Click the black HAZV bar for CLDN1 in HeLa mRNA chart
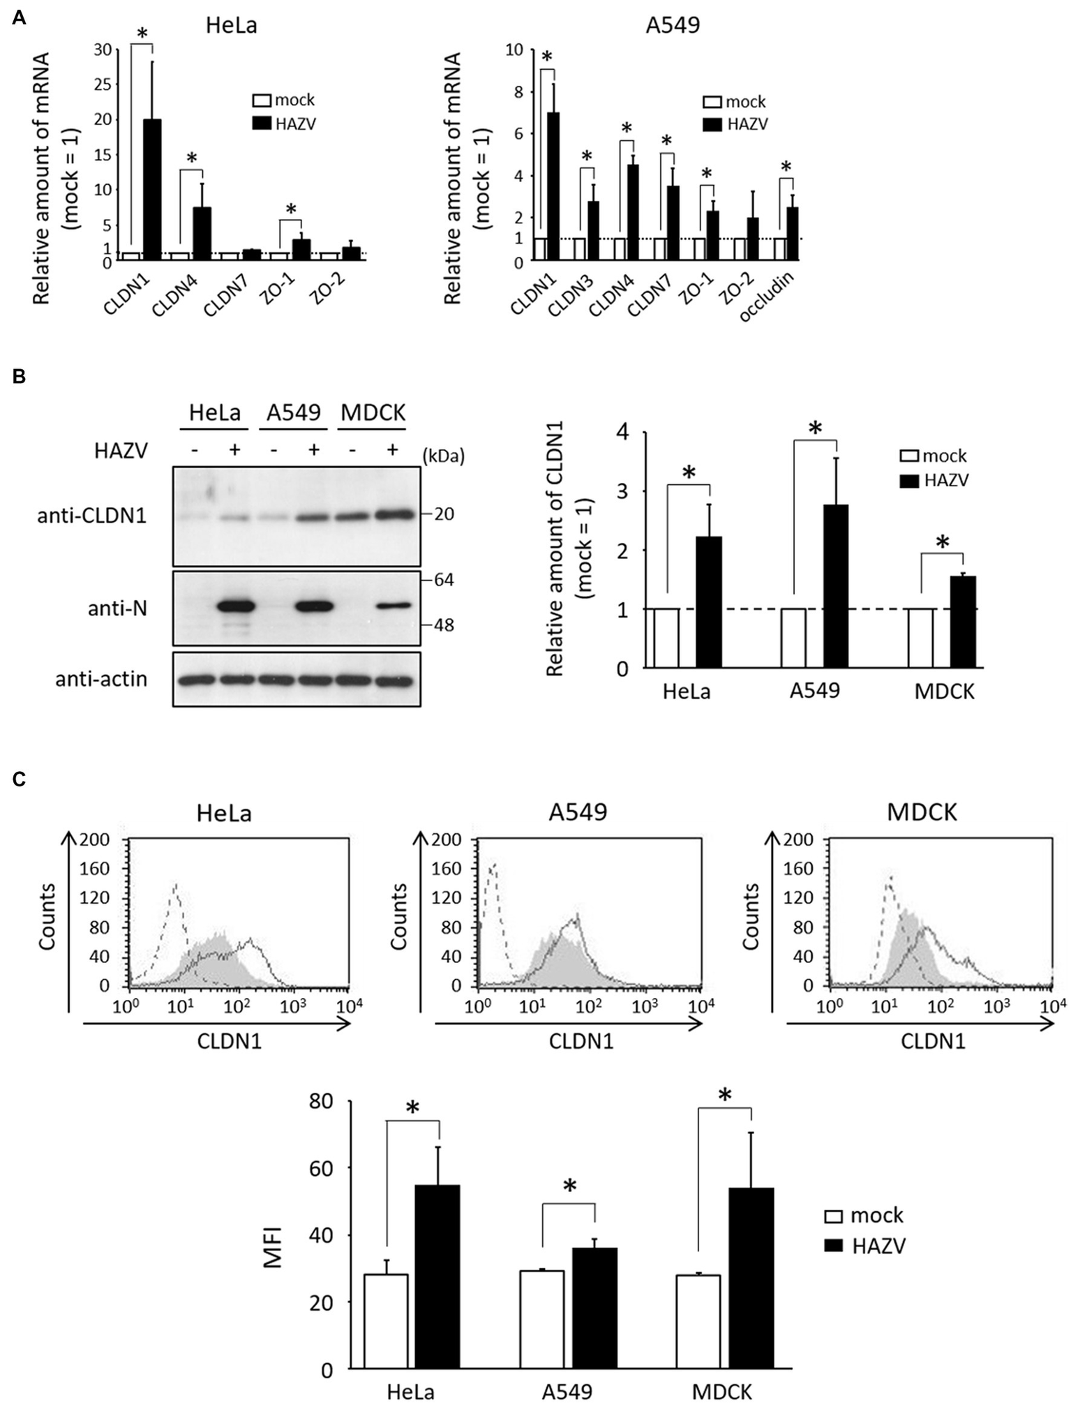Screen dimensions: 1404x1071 point(152,188)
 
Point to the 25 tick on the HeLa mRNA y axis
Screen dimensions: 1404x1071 point(103,84)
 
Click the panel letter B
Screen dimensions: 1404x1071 point(20,377)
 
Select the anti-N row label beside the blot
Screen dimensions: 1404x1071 point(117,609)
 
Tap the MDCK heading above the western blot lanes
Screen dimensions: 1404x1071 point(373,413)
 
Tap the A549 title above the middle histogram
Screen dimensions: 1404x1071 point(578,812)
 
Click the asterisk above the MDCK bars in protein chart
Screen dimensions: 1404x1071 point(943,542)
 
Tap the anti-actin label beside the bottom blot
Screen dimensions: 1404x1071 point(102,679)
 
